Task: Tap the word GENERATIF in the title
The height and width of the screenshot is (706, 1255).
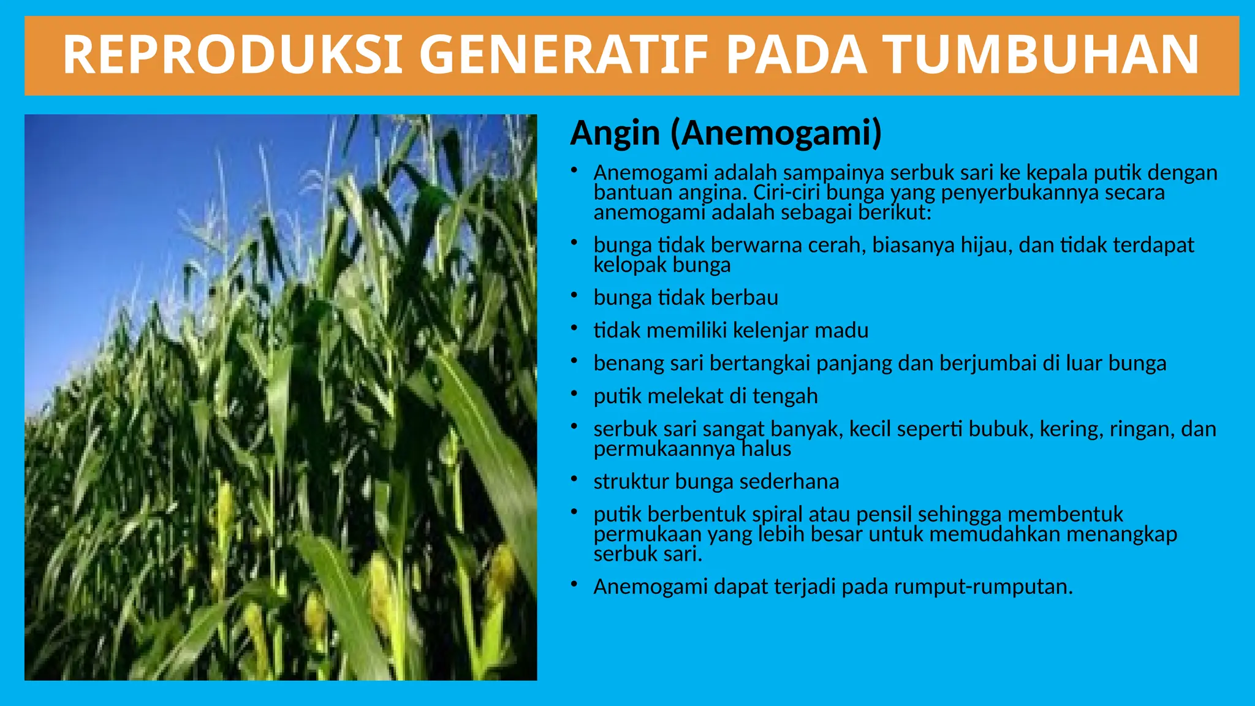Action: (x=564, y=55)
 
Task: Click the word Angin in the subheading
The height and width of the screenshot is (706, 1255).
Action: (x=615, y=133)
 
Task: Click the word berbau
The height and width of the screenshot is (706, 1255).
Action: (x=745, y=298)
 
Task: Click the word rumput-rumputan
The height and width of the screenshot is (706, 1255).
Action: (x=983, y=587)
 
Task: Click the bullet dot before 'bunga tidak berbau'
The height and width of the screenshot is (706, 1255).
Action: (x=574, y=296)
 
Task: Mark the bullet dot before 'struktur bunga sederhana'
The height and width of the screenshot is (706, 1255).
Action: (x=574, y=480)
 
